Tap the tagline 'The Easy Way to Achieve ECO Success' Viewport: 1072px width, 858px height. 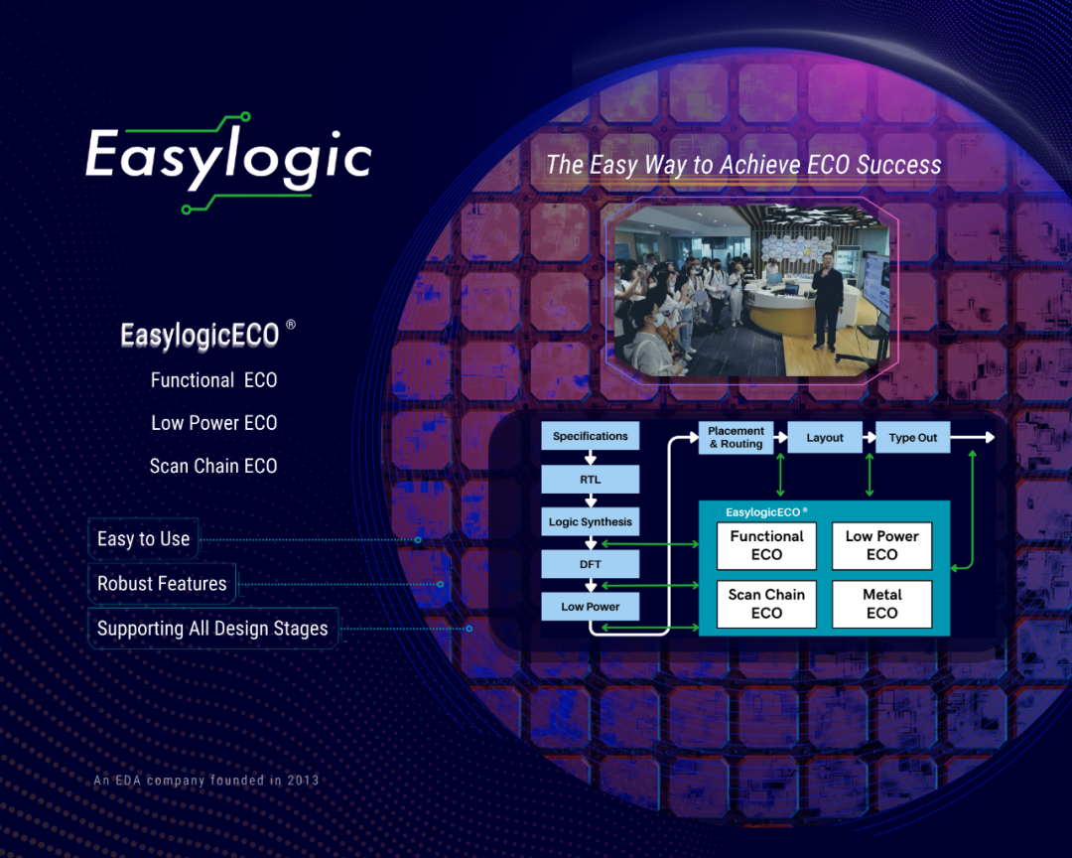(743, 165)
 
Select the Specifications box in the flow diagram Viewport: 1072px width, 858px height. (590, 436)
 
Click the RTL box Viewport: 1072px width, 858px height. (590, 479)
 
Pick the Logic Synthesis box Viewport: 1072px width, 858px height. (590, 521)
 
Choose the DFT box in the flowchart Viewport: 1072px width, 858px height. (590, 564)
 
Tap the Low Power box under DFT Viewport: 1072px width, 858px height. (590, 606)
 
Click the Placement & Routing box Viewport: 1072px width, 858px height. (736, 437)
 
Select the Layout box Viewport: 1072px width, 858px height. (825, 437)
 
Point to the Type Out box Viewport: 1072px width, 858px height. (913, 437)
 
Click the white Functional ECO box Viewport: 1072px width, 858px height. (766, 545)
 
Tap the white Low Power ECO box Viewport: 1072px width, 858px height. (882, 545)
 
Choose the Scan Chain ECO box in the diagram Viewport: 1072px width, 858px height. (766, 604)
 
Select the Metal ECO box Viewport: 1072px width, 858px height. (882, 604)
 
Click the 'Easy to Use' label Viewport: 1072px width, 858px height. (144, 539)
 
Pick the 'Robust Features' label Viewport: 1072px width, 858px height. (162, 584)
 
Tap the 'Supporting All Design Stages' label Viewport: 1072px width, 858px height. (212, 628)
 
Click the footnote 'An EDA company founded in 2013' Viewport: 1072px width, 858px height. (206, 780)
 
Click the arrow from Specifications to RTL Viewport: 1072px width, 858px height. (591, 458)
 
